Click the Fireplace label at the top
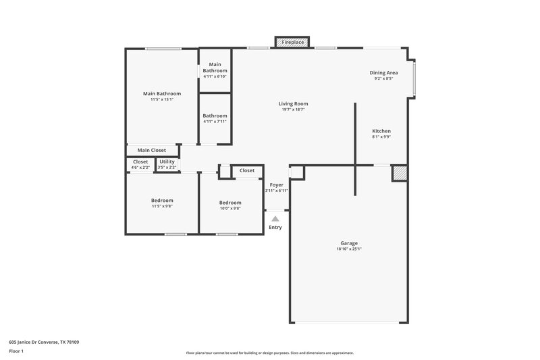[x=292, y=43]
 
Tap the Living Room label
[x=294, y=104]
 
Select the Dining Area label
[x=383, y=73]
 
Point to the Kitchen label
[x=381, y=131]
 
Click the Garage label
[x=349, y=243]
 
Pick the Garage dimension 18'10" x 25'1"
[x=349, y=249]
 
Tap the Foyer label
[x=277, y=184]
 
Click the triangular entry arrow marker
[x=275, y=218]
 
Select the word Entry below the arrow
[x=275, y=228]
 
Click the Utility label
[x=167, y=162]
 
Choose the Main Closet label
[x=152, y=151]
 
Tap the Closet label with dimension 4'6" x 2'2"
[x=140, y=162]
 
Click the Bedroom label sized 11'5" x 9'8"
[x=162, y=201]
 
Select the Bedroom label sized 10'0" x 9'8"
[x=230, y=203]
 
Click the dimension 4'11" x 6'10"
[x=215, y=76]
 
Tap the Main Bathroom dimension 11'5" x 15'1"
[x=162, y=99]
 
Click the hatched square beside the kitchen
[x=400, y=174]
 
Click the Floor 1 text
[x=16, y=352]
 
